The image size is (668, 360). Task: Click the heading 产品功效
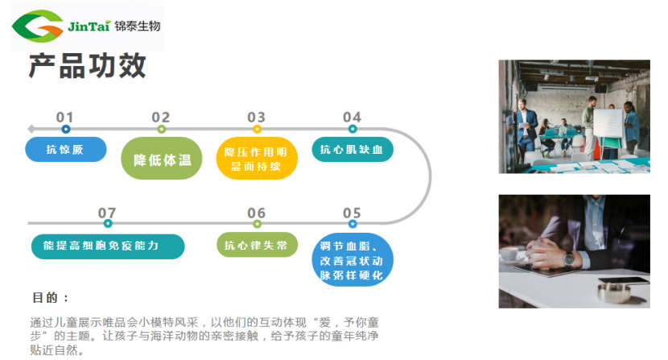[x=89, y=66]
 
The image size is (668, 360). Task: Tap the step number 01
[x=65, y=118]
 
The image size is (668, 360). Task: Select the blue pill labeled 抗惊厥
[x=65, y=149]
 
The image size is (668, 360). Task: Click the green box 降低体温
[x=162, y=159]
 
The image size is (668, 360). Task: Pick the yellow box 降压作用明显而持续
[x=257, y=159]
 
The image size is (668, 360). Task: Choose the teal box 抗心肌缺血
[x=353, y=149]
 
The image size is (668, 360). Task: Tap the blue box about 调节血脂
[x=353, y=260]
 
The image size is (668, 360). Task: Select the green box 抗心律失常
[x=257, y=245]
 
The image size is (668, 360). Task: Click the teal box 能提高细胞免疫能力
[x=108, y=246]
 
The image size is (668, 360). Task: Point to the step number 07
[x=107, y=213]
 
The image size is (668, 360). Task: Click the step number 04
[x=352, y=118]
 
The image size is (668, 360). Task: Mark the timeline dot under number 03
[x=257, y=129]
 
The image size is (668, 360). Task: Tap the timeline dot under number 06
[x=257, y=223]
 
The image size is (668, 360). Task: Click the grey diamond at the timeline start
[x=31, y=129]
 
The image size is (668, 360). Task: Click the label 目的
[x=46, y=297]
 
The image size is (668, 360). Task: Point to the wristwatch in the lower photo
[x=570, y=260]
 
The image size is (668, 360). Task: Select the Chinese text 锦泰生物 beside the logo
[x=138, y=26]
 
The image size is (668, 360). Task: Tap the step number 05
[x=352, y=213]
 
